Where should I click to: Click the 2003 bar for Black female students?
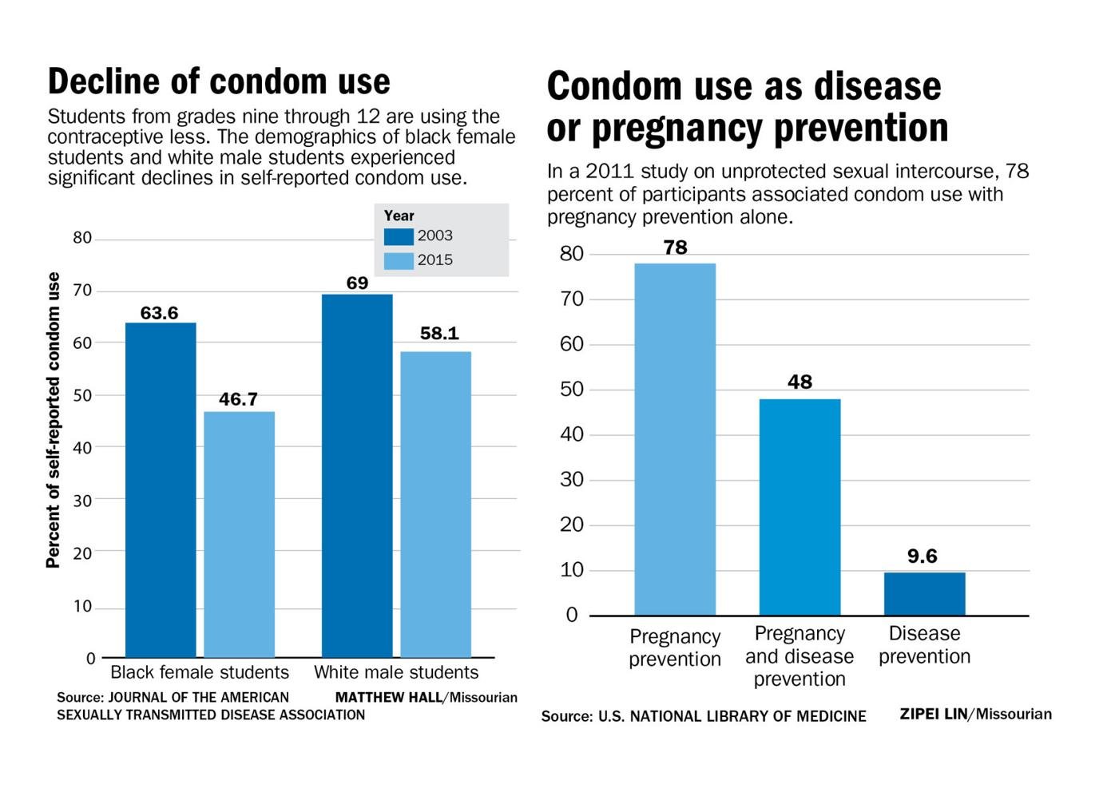click(161, 489)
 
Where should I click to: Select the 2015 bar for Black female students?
click(239, 534)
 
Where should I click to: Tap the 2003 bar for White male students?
click(357, 476)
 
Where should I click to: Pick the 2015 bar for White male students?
click(435, 504)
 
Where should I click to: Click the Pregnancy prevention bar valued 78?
click(675, 439)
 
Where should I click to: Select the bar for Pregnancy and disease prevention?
click(800, 507)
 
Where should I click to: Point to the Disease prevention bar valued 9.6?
click(924, 593)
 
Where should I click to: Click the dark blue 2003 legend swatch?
click(399, 236)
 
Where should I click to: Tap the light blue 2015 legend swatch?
click(399, 260)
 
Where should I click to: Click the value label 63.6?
click(159, 313)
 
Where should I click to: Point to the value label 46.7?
click(238, 399)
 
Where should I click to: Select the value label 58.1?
click(439, 333)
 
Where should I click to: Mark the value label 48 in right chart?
click(800, 382)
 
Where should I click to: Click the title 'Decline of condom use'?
click(219, 81)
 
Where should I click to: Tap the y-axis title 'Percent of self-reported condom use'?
click(54, 420)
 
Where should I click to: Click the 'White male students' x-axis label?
click(396, 672)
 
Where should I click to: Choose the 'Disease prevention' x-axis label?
click(924, 645)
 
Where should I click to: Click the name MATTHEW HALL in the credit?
click(388, 697)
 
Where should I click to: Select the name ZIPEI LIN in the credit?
click(933, 714)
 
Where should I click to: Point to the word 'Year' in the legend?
click(399, 216)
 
